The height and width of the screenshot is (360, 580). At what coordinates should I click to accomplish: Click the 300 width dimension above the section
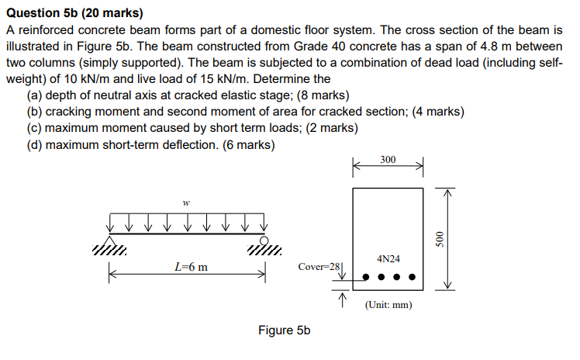[388, 160]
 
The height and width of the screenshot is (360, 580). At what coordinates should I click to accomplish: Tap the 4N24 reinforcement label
[388, 258]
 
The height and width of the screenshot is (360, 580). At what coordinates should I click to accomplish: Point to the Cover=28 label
[319, 267]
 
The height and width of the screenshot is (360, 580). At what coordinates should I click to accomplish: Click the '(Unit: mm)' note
[388, 305]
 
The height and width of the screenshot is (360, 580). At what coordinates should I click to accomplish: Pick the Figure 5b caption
[284, 331]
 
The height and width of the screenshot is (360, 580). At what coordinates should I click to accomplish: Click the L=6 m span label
[190, 268]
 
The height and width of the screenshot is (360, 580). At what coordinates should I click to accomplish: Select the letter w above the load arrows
[185, 204]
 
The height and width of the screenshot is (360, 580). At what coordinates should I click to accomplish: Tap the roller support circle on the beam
[264, 239]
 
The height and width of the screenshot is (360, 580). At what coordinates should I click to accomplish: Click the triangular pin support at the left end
[108, 239]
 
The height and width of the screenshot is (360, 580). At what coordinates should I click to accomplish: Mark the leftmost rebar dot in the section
[366, 276]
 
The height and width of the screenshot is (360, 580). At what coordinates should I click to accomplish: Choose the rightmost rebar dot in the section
[413, 276]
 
